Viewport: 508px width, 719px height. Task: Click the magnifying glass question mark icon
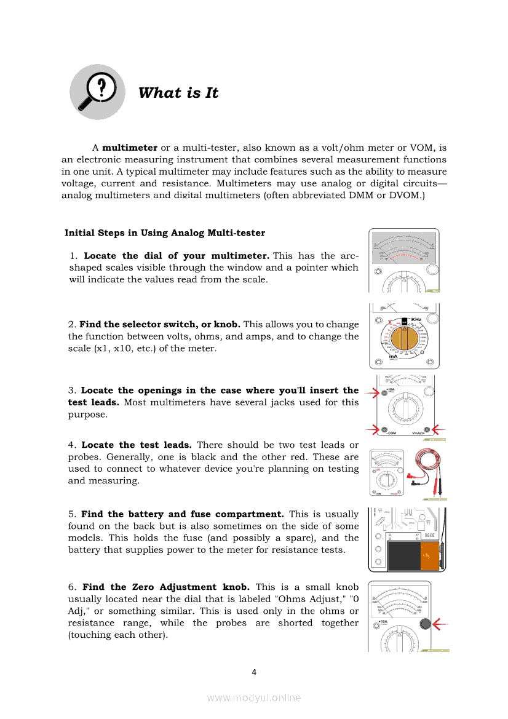tap(97, 92)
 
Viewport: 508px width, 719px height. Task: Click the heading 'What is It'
tap(178, 93)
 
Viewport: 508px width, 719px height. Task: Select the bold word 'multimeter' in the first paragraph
tap(130, 148)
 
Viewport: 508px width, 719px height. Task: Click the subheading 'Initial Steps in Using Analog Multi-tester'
tap(165, 233)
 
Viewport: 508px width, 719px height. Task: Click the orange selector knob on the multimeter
tap(404, 338)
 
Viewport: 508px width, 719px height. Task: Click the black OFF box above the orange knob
tap(404, 320)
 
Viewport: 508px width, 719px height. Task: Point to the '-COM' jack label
tap(391, 434)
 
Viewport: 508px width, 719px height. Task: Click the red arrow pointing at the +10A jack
tap(371, 392)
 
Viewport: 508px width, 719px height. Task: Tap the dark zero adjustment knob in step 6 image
tap(424, 624)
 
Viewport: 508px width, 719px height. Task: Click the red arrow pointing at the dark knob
tap(440, 624)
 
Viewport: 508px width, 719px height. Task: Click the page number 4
tap(254, 672)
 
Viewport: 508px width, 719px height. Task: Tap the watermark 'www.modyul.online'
tap(254, 697)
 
